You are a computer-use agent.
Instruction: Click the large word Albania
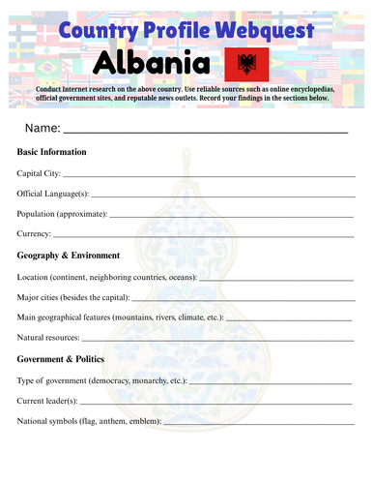pyautogui.click(x=153, y=65)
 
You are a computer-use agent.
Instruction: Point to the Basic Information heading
pyautogui.click(x=52, y=152)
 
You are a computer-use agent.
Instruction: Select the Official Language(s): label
pyautogui.click(x=53, y=194)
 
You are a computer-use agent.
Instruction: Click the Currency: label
pyautogui.click(x=35, y=234)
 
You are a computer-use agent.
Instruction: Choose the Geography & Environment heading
pyautogui.click(x=69, y=256)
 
